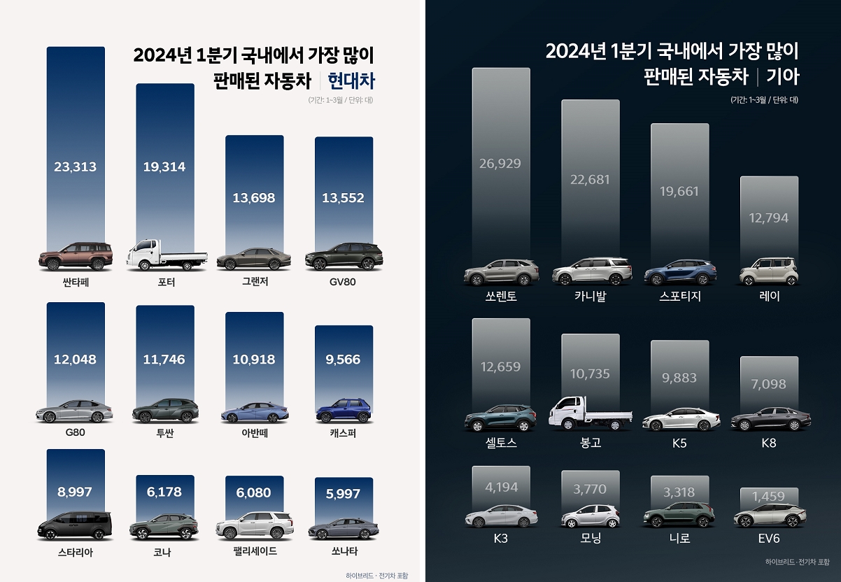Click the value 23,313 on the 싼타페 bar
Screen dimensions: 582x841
pyautogui.click(x=75, y=167)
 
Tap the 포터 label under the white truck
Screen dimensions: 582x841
pyautogui.click(x=167, y=283)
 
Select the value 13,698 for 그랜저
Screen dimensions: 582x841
pyautogui.click(x=254, y=198)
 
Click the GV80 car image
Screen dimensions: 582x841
pyautogui.click(x=344, y=257)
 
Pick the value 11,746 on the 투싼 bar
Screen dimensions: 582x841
pyautogui.click(x=164, y=360)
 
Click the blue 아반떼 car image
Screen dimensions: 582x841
pyautogui.click(x=254, y=412)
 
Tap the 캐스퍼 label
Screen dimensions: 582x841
pyautogui.click(x=344, y=433)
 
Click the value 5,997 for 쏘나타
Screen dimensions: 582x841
pyautogui.click(x=344, y=494)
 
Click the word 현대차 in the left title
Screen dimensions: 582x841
pyautogui.click(x=351, y=82)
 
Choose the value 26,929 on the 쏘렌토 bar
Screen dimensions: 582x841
pyautogui.click(x=500, y=164)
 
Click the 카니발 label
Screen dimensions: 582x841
pyautogui.click(x=590, y=296)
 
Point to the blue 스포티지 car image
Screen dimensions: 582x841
pyautogui.click(x=679, y=273)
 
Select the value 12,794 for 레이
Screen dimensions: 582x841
pyautogui.click(x=768, y=218)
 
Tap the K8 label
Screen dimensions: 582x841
pyautogui.click(x=768, y=443)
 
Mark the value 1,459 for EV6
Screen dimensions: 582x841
pyautogui.click(x=768, y=497)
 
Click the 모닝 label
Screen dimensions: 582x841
pyautogui.click(x=590, y=539)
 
